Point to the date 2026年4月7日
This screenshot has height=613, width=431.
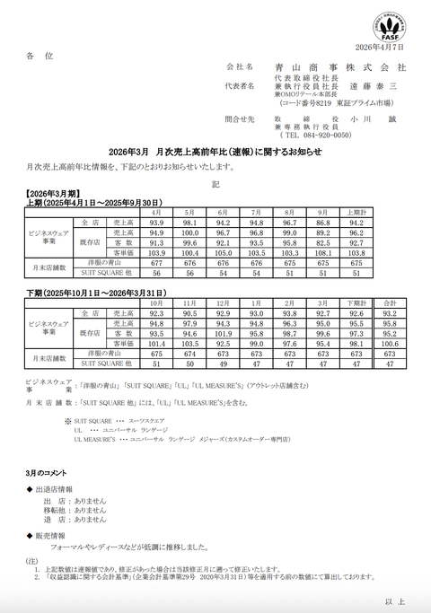point(380,46)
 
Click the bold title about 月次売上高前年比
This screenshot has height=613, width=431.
point(215,152)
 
